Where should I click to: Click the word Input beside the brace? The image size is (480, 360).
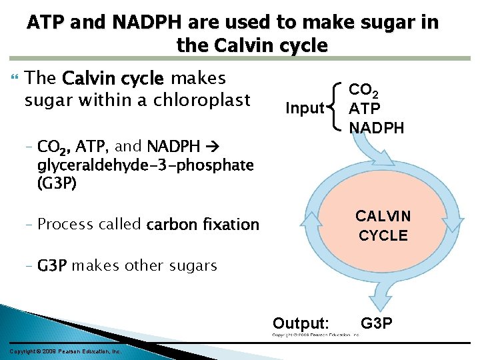coord(304,108)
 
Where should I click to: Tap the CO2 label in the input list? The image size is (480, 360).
coord(366,91)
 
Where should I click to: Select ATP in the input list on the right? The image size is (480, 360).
coord(365,108)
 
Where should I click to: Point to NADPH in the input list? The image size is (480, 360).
coord(377,127)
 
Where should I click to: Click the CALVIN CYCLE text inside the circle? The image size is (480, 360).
coord(383,225)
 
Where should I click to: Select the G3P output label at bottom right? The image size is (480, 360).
coord(377,324)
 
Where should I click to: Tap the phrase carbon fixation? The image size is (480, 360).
coord(203,225)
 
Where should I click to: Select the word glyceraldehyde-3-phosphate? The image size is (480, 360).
coord(145,165)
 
